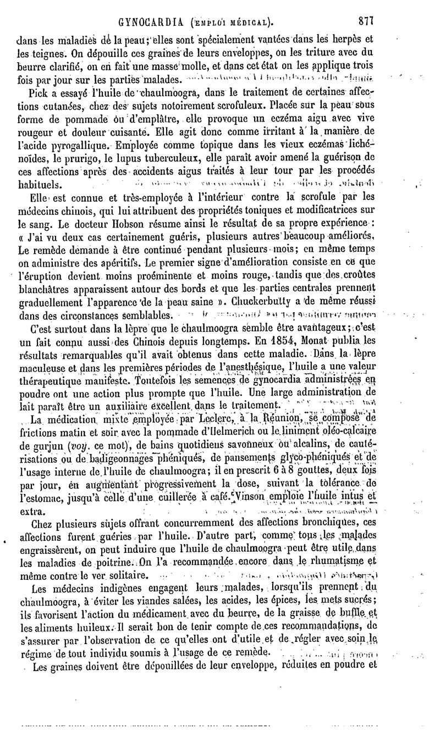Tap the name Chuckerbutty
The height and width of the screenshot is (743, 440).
pos(262,302)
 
